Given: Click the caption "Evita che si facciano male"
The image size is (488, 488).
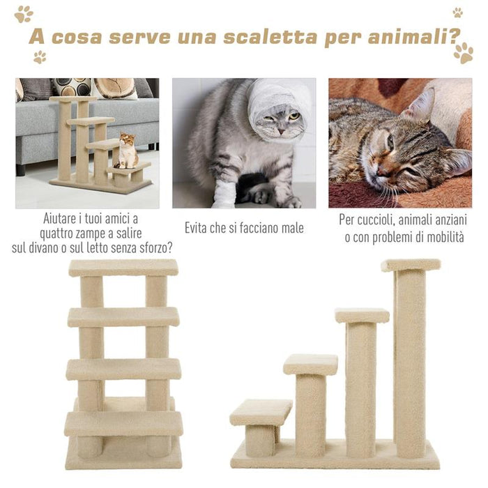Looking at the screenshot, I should pyautogui.click(x=244, y=228).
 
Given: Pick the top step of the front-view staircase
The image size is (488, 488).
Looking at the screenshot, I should pyautogui.click(x=123, y=268).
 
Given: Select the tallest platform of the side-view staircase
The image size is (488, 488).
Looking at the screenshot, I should pyautogui.click(x=411, y=265).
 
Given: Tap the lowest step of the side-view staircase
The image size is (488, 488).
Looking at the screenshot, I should pyautogui.click(x=261, y=411).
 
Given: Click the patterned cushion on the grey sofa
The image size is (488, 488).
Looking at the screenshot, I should pyautogui.click(x=73, y=86).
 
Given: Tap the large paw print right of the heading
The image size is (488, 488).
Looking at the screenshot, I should pyautogui.click(x=463, y=52).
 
